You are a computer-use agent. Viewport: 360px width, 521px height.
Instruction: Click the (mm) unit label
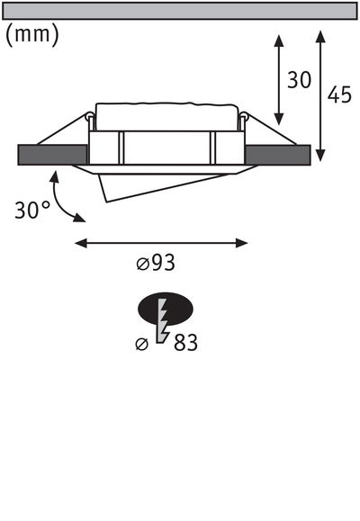point(32,36)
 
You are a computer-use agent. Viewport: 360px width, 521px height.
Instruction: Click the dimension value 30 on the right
point(299,80)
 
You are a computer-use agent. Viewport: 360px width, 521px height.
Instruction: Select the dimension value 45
point(339,95)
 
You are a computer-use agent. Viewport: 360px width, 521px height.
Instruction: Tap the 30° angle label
point(32,211)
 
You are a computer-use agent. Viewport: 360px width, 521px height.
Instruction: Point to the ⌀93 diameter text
point(156,264)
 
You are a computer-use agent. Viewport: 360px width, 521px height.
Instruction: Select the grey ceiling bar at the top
point(180,12)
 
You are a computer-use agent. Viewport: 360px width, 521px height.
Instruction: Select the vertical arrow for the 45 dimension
point(319,94)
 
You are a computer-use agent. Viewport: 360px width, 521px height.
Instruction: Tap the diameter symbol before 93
point(142,264)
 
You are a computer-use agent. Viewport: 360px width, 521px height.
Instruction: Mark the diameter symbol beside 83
point(140,344)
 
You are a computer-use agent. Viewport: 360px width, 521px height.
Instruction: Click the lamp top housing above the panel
point(166,117)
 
